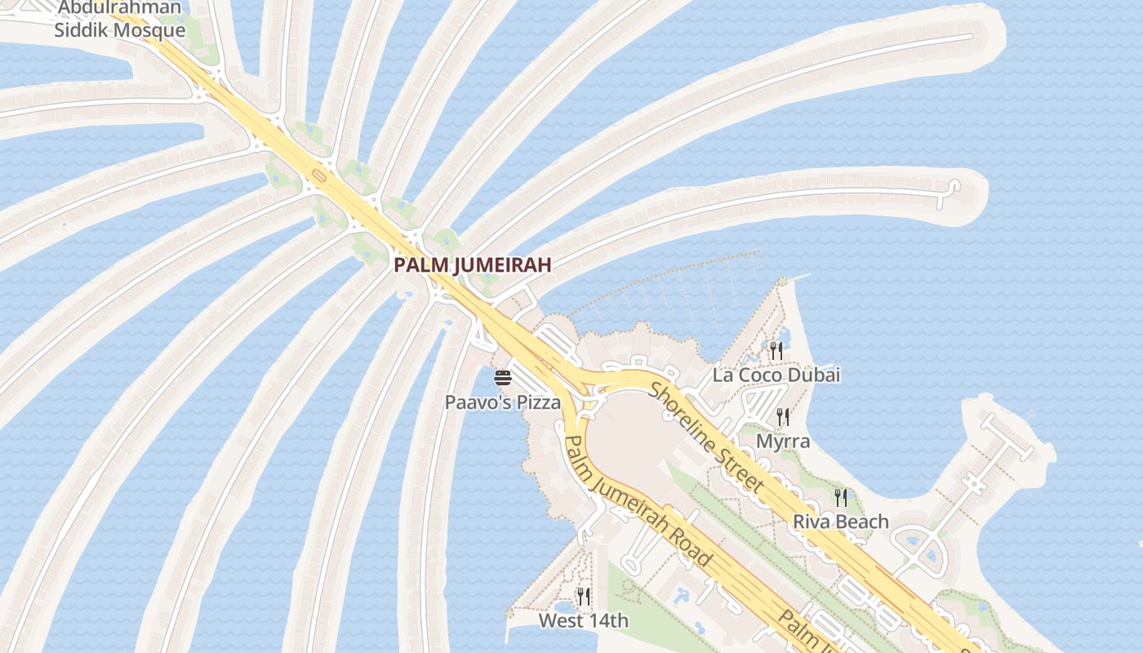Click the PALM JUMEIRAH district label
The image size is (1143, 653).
coord(472,264)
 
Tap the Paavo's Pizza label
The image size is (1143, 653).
coord(502,402)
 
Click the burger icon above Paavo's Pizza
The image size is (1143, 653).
coord(502,377)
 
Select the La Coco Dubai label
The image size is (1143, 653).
coord(776,375)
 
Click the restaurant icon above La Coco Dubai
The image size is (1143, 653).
coord(776,351)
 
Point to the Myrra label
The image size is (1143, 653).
coord(783,442)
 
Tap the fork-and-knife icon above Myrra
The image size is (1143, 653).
coord(783,417)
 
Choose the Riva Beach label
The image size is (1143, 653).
coord(840,522)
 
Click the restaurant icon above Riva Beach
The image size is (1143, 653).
coord(840,497)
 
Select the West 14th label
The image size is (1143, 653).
coord(583,621)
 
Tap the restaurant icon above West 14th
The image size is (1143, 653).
coord(583,597)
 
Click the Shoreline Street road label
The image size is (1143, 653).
coord(707,437)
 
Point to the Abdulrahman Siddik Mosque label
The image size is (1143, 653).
coord(120,20)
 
